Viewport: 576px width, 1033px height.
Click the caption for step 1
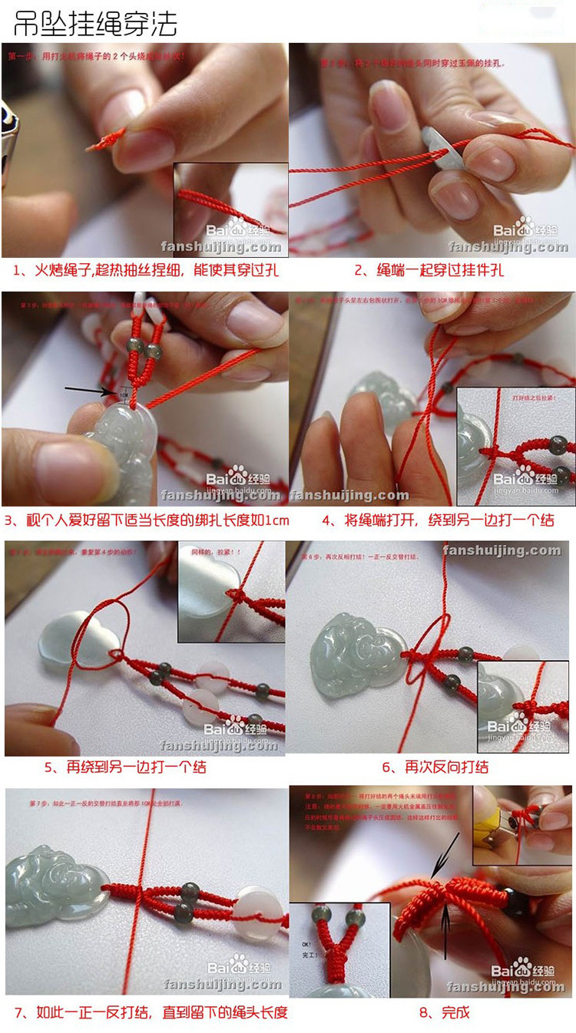(145, 270)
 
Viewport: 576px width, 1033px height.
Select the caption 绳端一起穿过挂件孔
(429, 270)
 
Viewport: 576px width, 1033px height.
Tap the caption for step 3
(147, 520)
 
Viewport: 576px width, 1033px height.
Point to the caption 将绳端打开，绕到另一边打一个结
(438, 520)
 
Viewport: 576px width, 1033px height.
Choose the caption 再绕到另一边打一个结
(125, 767)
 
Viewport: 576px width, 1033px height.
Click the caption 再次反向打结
(435, 767)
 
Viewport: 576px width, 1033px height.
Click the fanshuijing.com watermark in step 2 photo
(508, 247)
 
